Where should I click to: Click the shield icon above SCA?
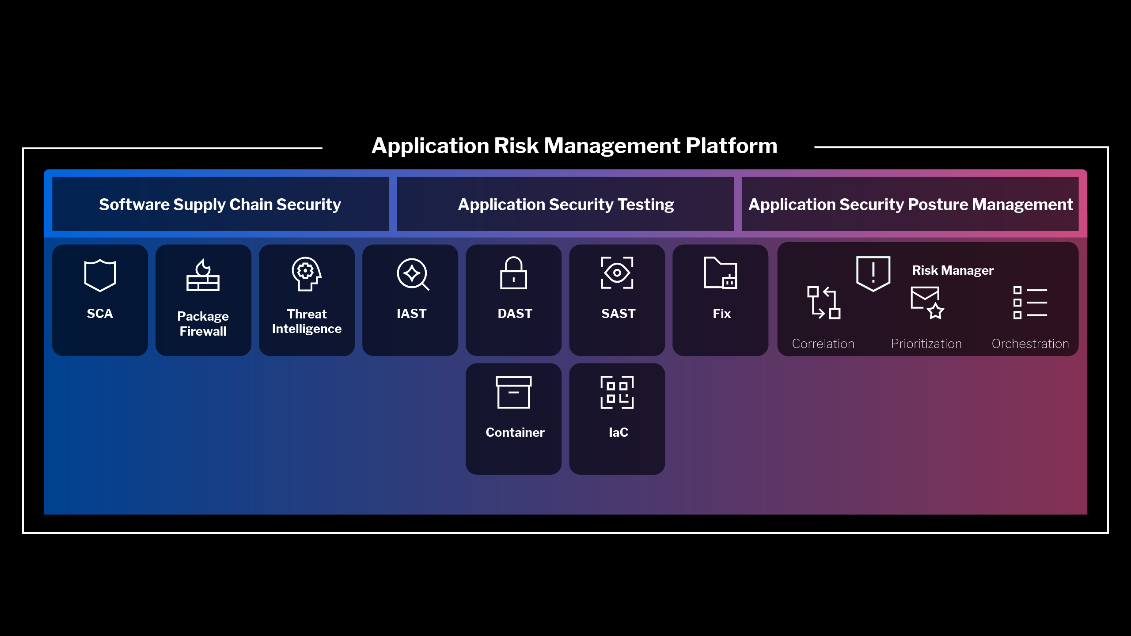(100, 276)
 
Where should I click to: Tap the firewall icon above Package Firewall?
(203, 275)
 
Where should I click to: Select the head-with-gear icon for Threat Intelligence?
(306, 274)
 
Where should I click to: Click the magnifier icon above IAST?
(413, 274)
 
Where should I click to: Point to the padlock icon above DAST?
(513, 273)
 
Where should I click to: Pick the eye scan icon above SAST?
(617, 273)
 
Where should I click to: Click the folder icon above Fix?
(720, 273)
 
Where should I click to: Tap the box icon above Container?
(513, 392)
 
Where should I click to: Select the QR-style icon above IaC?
(617, 392)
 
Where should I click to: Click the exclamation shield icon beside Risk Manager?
(873, 274)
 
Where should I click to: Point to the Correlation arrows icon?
(824, 303)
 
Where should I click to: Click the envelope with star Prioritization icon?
(927, 303)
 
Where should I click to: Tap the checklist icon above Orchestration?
(1030, 303)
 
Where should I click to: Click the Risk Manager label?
(953, 270)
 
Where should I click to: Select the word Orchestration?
(1030, 344)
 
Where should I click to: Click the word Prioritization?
(926, 344)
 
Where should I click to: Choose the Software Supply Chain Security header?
(220, 204)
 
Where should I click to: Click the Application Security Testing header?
(566, 204)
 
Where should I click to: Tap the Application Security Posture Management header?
(911, 204)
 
